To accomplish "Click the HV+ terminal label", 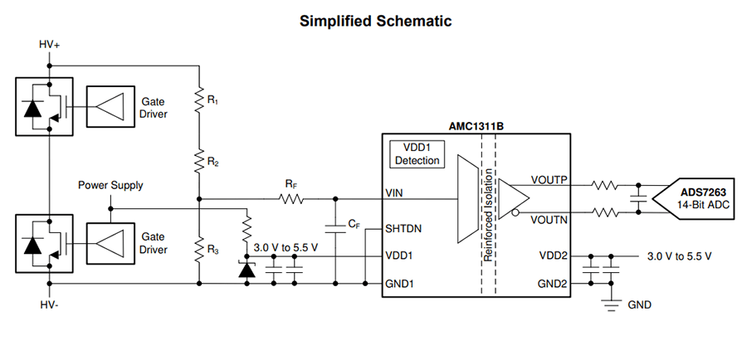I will click(50, 43).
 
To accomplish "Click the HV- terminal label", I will click(50, 305).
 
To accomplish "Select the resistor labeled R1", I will click(199, 100).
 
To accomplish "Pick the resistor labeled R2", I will click(199, 158).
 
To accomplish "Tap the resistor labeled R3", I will click(199, 247).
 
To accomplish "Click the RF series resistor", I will click(291, 199).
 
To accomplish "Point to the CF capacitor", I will click(334, 225).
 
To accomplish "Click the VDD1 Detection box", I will click(417, 153).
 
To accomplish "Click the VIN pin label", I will click(394, 193).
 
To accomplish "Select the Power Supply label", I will click(110, 185).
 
